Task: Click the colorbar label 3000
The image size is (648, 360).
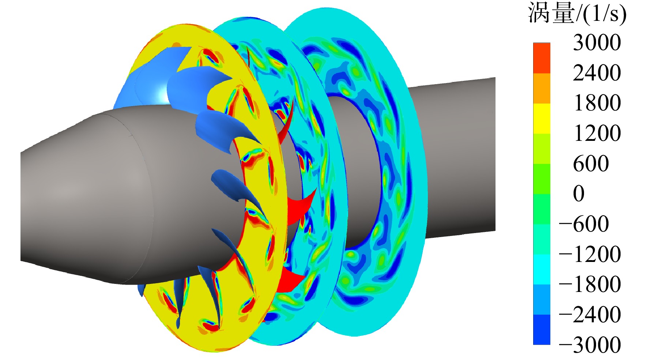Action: [596, 42]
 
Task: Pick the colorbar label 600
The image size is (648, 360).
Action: [591, 163]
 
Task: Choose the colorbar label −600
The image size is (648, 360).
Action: [584, 224]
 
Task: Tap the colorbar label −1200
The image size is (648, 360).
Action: [590, 254]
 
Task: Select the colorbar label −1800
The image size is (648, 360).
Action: [590, 284]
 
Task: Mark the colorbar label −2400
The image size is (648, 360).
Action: [590, 314]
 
